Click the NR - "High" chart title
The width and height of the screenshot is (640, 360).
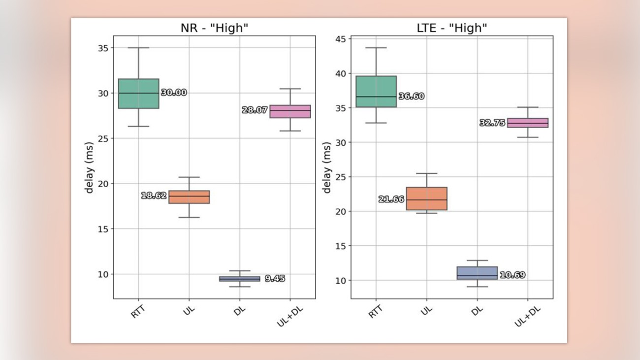click(x=214, y=28)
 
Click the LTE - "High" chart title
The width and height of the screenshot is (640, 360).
click(x=451, y=28)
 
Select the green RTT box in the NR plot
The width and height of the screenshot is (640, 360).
click(x=138, y=94)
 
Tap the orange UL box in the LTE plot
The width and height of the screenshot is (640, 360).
click(x=426, y=198)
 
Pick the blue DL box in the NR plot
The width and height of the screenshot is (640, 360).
click(x=240, y=279)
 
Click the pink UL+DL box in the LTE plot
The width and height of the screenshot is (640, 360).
click(x=528, y=123)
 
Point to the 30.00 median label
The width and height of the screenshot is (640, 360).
click(x=174, y=93)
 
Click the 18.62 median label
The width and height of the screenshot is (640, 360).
click(x=154, y=196)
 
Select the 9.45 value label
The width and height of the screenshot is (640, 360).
click(x=275, y=279)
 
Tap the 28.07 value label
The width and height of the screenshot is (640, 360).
click(x=255, y=110)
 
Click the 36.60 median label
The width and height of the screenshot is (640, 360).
click(x=412, y=97)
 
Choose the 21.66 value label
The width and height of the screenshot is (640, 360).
click(x=391, y=199)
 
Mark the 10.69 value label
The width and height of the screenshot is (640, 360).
click(x=512, y=275)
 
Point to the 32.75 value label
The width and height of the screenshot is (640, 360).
click(x=492, y=123)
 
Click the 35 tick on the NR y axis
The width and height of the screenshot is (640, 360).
click(x=103, y=48)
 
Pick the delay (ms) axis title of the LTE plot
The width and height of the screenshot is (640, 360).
click(x=327, y=167)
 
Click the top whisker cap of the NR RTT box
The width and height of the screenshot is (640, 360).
click(x=138, y=48)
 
